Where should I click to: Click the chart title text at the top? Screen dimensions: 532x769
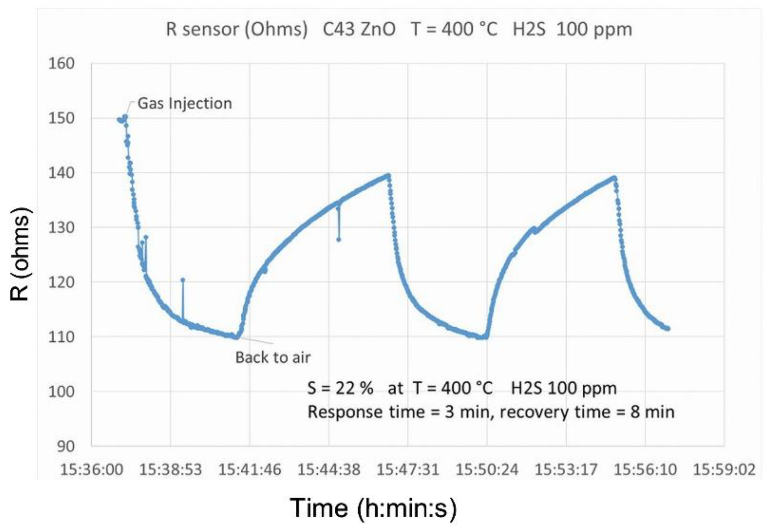(399, 29)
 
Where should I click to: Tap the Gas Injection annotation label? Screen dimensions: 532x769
(185, 103)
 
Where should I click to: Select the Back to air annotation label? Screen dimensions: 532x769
(273, 357)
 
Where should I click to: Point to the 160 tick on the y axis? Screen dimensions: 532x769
(61, 64)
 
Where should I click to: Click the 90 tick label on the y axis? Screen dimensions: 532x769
(65, 446)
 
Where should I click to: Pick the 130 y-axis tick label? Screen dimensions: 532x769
(61, 228)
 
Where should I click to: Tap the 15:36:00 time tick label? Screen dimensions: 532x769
(92, 470)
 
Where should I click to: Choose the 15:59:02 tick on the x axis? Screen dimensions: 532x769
(724, 470)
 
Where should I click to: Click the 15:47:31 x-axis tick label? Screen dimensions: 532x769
(408, 470)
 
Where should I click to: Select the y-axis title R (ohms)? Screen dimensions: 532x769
(20, 254)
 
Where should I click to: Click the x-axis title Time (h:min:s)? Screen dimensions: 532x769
(373, 508)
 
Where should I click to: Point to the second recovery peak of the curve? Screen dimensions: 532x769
(614, 178)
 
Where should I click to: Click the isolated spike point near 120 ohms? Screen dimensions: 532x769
(183, 280)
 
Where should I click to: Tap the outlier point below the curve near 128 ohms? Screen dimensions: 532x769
(339, 240)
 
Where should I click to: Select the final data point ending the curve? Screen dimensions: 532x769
(668, 329)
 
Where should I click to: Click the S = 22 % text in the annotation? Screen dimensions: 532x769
(340, 388)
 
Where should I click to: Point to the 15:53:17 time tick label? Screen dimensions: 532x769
(566, 470)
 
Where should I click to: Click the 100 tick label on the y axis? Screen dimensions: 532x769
(61, 392)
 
